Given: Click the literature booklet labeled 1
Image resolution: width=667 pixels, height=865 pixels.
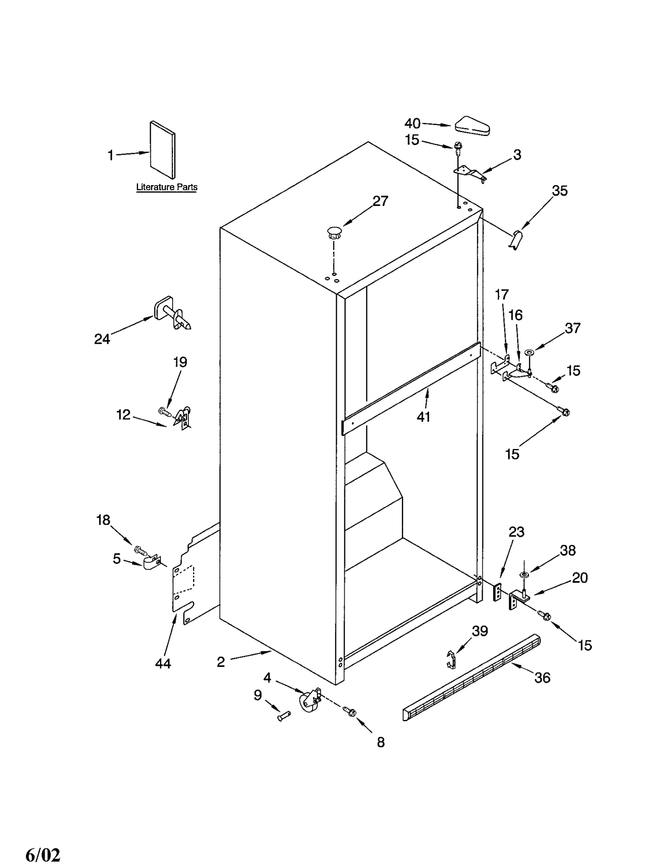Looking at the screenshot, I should (163, 150).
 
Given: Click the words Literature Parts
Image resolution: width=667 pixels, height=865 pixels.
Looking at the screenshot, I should (167, 187).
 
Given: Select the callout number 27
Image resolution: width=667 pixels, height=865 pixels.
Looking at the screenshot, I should (380, 201).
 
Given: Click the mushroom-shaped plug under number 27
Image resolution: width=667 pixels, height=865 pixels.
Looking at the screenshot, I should (334, 232).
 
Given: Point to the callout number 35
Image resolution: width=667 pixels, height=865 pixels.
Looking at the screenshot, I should (559, 191).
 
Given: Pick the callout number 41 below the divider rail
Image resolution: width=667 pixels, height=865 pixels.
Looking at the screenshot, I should (423, 416).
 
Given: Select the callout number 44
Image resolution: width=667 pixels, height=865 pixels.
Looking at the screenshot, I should (163, 663).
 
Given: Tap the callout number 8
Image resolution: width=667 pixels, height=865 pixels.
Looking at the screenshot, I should (381, 742).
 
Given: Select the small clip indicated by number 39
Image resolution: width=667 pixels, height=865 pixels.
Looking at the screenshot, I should (451, 659).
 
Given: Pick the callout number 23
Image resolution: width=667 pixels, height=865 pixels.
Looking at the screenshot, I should (516, 532).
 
